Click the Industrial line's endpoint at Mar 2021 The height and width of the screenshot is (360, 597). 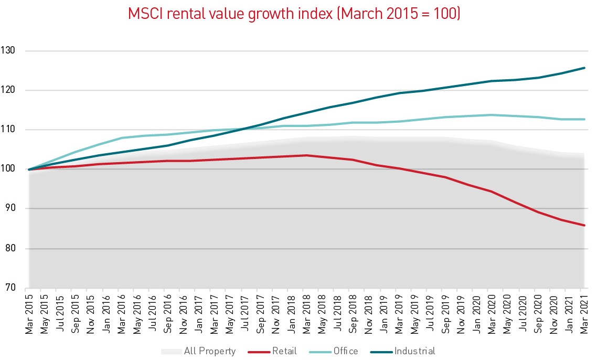tap(584, 68)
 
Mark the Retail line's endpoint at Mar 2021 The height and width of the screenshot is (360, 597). tap(584, 226)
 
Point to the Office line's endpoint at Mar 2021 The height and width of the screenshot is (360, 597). tap(584, 119)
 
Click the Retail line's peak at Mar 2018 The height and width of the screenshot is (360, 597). tap(305, 155)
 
